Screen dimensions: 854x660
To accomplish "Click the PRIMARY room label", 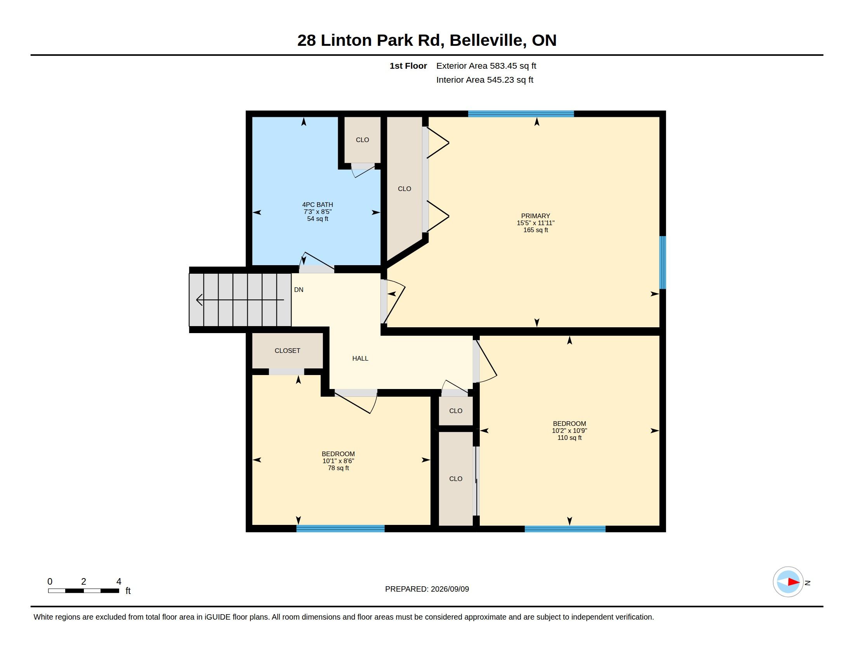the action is (x=535, y=216).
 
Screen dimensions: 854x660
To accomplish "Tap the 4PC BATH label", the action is (x=318, y=205).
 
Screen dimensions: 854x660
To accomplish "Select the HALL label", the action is (x=360, y=358).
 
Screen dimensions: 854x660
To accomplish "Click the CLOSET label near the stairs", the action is (x=287, y=351).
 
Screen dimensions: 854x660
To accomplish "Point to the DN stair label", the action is (x=299, y=290).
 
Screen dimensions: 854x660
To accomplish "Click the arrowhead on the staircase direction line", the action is (x=200, y=300).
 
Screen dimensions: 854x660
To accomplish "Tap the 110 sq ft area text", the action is (x=569, y=438).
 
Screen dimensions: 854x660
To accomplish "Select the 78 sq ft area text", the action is (x=338, y=468).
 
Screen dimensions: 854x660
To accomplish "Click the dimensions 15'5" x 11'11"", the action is (x=535, y=223).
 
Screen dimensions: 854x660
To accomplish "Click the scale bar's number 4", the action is (x=119, y=582).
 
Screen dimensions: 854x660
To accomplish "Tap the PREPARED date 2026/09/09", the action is (x=450, y=589).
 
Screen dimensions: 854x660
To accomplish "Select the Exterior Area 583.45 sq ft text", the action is (x=486, y=66).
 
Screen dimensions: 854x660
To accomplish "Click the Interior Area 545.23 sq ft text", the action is (x=484, y=80).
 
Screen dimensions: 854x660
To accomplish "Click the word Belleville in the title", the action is (x=486, y=40).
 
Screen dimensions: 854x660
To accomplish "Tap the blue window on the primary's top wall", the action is (x=521, y=114).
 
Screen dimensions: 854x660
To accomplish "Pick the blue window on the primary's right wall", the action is (x=663, y=262).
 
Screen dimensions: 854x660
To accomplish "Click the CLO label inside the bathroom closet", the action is (x=362, y=140).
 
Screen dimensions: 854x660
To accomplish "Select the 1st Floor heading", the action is (x=408, y=66).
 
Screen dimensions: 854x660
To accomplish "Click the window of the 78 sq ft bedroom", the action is (x=340, y=529).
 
